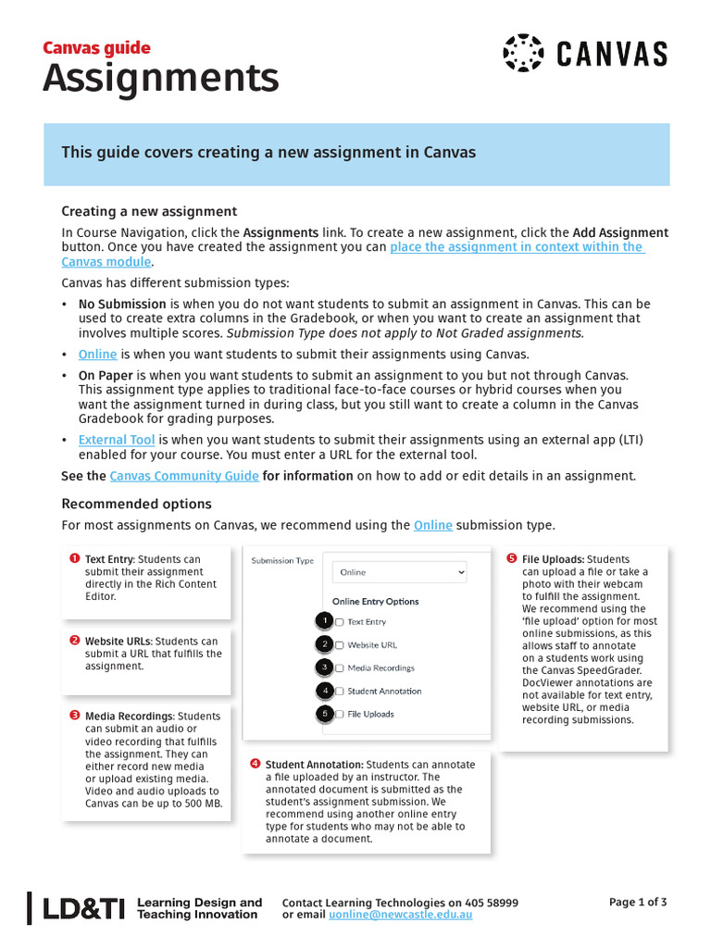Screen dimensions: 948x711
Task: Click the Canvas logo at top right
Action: pos(584,53)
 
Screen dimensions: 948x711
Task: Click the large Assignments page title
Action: pos(160,80)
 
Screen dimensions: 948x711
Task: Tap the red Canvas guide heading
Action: pos(96,48)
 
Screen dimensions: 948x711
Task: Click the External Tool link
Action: pos(116,440)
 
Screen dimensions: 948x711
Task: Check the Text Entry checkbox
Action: pos(340,622)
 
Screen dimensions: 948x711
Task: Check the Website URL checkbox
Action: pos(340,644)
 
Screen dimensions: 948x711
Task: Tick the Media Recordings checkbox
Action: pos(340,667)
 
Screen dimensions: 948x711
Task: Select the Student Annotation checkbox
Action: pos(340,691)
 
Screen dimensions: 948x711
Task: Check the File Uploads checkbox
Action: pos(340,714)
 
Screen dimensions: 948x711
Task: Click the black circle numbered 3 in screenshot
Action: pos(324,667)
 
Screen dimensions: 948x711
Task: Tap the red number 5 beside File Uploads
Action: pos(511,558)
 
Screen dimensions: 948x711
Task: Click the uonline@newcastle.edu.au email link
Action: pos(401,915)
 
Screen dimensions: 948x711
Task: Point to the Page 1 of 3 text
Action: pos(637,902)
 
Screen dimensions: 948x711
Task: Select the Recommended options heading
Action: pos(136,504)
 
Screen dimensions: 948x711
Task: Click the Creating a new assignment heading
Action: pos(149,211)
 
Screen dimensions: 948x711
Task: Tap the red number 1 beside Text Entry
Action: pos(74,558)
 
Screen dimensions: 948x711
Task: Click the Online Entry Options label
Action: pos(375,601)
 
